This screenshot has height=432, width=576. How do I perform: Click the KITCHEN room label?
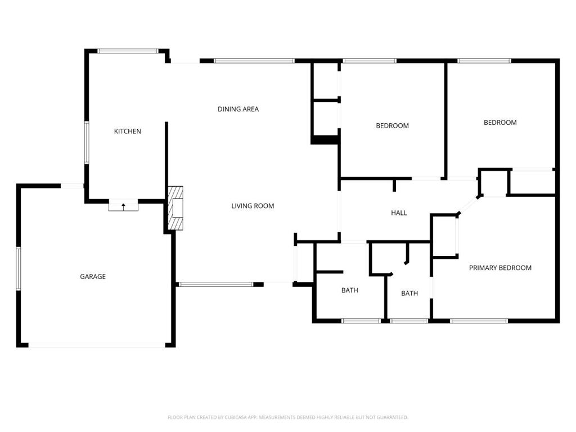pyautogui.click(x=128, y=131)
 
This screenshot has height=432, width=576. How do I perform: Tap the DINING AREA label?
pyautogui.click(x=238, y=109)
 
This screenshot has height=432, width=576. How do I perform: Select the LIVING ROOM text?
pyautogui.click(x=253, y=206)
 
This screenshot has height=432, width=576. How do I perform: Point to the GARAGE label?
pyautogui.click(x=93, y=276)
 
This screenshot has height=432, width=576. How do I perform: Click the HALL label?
pyautogui.click(x=399, y=213)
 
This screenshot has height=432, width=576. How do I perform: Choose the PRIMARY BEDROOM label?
pyautogui.click(x=500, y=268)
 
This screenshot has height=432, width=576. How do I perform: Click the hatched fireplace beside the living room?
pyautogui.click(x=175, y=208)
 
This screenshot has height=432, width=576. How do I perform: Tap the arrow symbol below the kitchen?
pyautogui.click(x=124, y=206)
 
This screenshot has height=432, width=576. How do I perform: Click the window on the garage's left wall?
pyautogui.click(x=18, y=269)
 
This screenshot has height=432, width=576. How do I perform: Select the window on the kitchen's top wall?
pyautogui.click(x=128, y=51)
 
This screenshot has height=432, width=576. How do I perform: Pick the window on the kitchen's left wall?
pyautogui.click(x=87, y=143)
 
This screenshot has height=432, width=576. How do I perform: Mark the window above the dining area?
pyautogui.click(x=254, y=61)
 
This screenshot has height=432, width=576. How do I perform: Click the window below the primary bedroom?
pyautogui.click(x=479, y=321)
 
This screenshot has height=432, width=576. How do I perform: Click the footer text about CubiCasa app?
pyautogui.click(x=287, y=417)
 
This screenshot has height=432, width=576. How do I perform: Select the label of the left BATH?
pyautogui.click(x=349, y=290)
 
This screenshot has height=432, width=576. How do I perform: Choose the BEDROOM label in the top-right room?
pyautogui.click(x=500, y=122)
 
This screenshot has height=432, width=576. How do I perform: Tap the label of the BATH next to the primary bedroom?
pyautogui.click(x=409, y=293)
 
